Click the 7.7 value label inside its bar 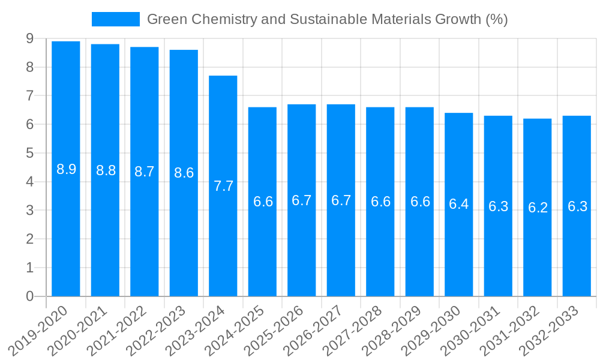(223, 186)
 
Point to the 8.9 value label (66, 169)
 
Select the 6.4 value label (459, 204)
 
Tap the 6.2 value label (538, 208)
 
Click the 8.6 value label (184, 173)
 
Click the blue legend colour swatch (115, 19)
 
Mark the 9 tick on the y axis (29, 39)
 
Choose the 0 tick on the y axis (29, 296)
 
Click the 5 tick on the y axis (29, 154)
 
